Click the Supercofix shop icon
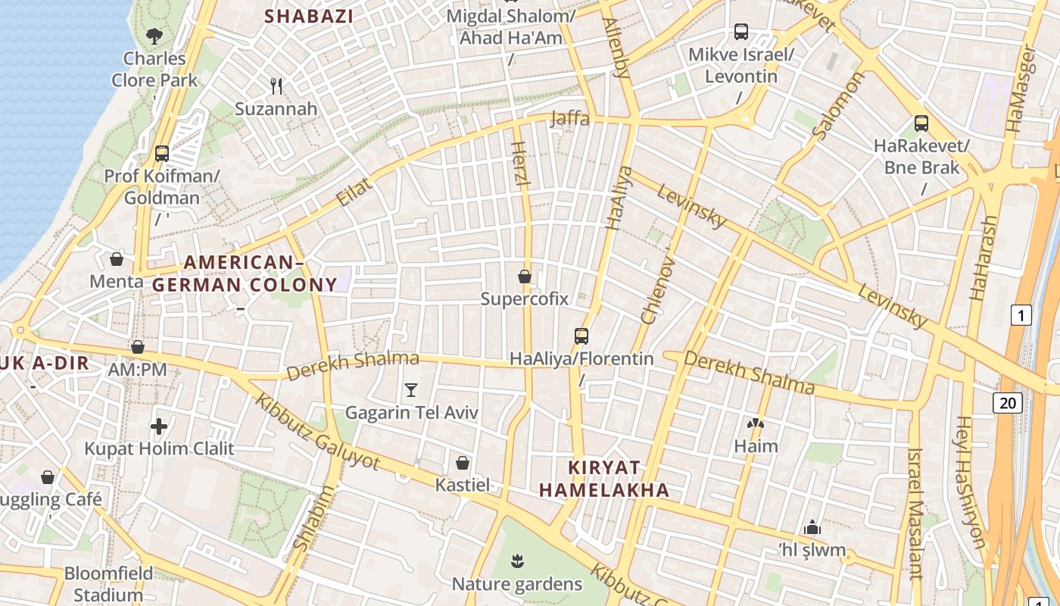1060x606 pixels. click(524, 276)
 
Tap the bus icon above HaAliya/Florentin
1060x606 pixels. click(581, 336)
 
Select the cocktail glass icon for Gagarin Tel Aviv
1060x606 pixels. click(411, 390)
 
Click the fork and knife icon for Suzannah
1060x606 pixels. click(276, 86)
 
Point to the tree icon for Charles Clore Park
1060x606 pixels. click(154, 35)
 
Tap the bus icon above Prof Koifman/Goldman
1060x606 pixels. click(161, 153)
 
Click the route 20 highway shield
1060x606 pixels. click(1008, 403)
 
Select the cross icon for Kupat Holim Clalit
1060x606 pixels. click(159, 426)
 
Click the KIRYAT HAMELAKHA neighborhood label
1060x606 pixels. click(604, 479)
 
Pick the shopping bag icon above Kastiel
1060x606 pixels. click(463, 462)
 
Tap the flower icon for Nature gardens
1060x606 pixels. click(517, 561)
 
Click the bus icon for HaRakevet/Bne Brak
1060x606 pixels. click(921, 123)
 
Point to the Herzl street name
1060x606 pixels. click(519, 165)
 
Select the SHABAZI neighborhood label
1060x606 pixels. click(309, 16)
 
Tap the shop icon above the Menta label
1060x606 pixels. click(117, 259)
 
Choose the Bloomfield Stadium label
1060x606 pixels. click(108, 583)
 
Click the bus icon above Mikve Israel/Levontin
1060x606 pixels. click(741, 32)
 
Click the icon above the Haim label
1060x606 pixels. click(756, 424)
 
